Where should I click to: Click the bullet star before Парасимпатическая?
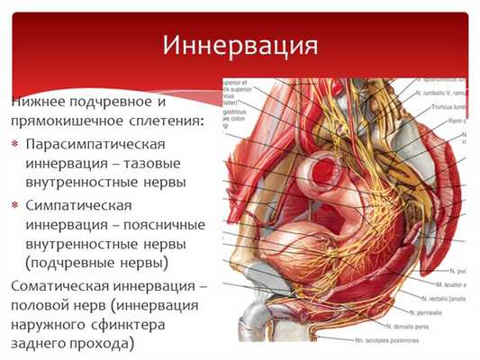coord(15,144)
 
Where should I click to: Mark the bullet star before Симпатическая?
coord(15,205)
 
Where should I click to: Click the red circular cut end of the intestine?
coord(324,171)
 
